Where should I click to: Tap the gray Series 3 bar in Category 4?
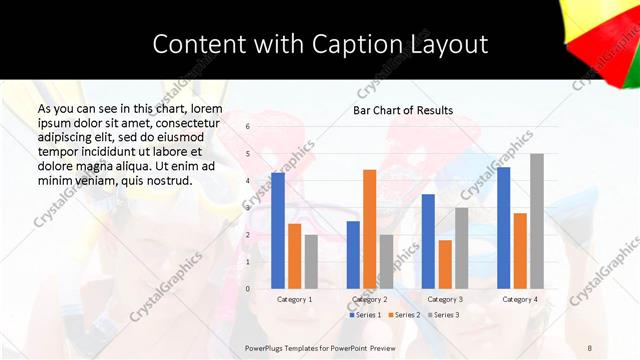[x=537, y=221]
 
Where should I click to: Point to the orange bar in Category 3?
[x=445, y=264]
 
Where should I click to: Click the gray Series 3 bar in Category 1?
[x=311, y=262]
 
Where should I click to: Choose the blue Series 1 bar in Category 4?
[x=503, y=227]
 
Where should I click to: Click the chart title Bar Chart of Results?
[x=403, y=110]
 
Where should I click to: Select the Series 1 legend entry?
[x=366, y=315]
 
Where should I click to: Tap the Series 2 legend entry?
[x=405, y=315]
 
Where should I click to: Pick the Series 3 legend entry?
[x=442, y=315]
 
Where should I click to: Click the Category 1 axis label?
[x=294, y=299]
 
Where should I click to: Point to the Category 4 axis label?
[x=520, y=299]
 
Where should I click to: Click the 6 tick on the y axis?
[x=248, y=127]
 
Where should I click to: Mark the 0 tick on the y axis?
[x=248, y=289]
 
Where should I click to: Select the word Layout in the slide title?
[x=449, y=45]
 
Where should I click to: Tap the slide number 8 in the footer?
[x=589, y=346]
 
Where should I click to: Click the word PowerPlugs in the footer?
[x=266, y=346]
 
